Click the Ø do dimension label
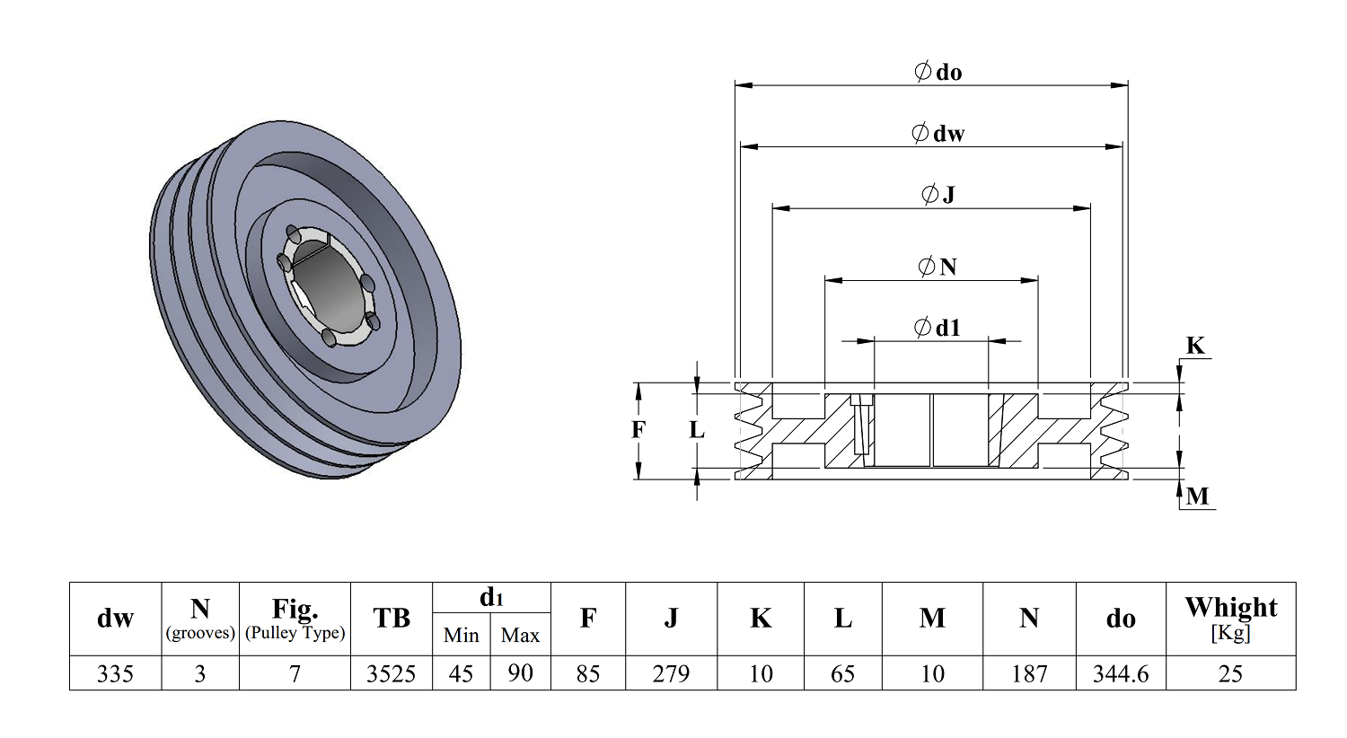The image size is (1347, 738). [x=938, y=72]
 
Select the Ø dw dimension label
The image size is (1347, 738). [x=938, y=133]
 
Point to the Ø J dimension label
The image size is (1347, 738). [x=938, y=194]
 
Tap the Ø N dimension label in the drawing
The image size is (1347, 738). [x=938, y=267]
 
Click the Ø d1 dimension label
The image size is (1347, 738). [x=938, y=328]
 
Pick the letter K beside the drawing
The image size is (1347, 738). [x=1195, y=346]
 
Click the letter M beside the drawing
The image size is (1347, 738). [x=1197, y=496]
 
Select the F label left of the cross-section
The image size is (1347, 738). [x=638, y=430]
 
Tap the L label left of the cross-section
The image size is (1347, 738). [x=696, y=430]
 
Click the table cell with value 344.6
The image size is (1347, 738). [x=1121, y=673]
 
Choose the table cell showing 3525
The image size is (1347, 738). [x=392, y=673]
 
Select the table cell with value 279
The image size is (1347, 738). [x=671, y=673]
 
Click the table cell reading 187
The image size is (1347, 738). [x=1029, y=673]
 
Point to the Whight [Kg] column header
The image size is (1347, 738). [x=1231, y=619]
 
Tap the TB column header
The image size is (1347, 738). [x=392, y=619]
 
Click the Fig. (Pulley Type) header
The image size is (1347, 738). [x=295, y=619]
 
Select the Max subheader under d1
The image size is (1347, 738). [x=521, y=635]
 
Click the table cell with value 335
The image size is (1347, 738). [x=116, y=673]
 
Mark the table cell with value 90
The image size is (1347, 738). [x=521, y=673]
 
